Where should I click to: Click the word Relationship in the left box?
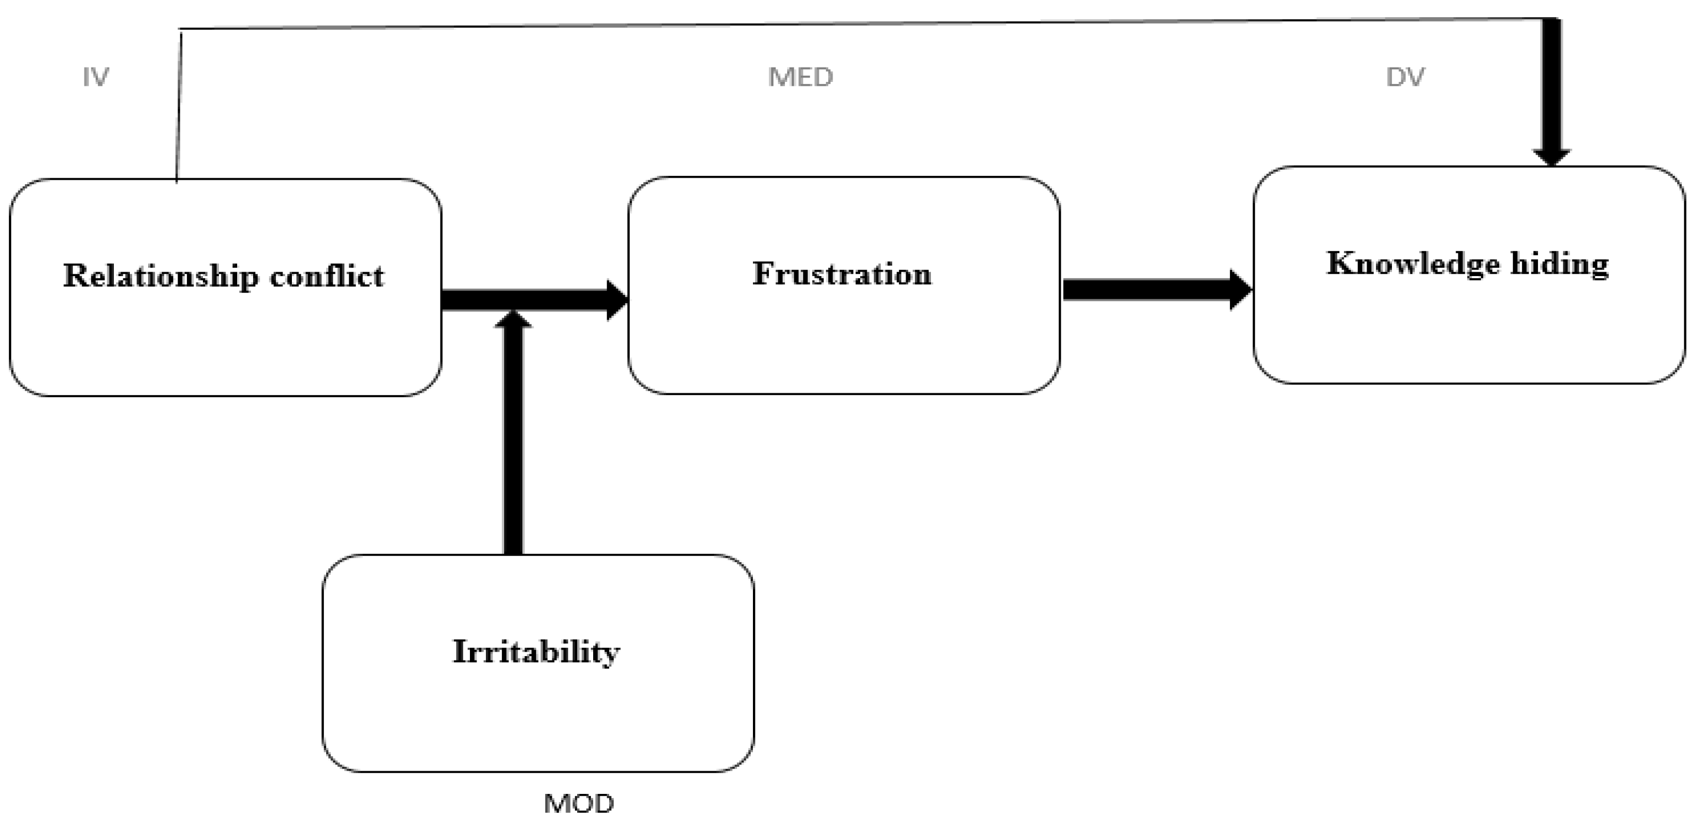(160, 276)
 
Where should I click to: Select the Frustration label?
(842, 273)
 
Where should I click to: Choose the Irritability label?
(536, 652)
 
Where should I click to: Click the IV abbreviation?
(96, 78)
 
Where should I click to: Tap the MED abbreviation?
(800, 78)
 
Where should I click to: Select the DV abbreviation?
(1405, 78)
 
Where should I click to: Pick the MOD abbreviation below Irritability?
(578, 803)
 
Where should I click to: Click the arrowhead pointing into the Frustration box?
(617, 300)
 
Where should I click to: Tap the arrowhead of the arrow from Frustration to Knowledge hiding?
(1240, 289)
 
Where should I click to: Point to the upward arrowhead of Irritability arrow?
(513, 319)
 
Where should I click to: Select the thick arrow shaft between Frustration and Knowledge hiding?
(1145, 289)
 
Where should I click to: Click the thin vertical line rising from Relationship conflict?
(179, 106)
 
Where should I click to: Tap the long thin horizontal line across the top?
(859, 23)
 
